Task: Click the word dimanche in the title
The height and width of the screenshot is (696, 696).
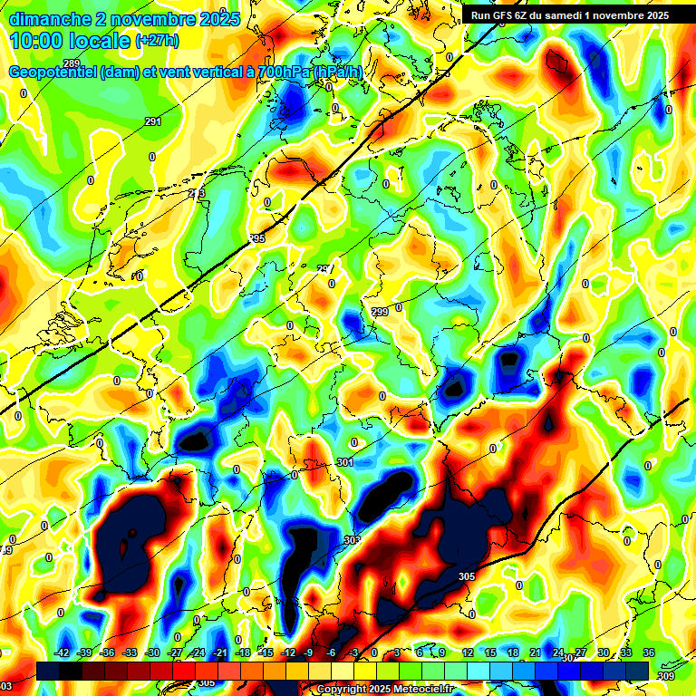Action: point(47,19)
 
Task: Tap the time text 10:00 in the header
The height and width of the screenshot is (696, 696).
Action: point(37,41)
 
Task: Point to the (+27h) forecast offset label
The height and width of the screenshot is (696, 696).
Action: point(158,40)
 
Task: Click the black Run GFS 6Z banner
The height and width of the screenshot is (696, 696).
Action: point(569,14)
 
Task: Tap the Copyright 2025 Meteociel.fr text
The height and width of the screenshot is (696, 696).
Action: point(384,690)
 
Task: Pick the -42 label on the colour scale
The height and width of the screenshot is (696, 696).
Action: point(63,653)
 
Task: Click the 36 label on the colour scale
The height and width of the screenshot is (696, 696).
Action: point(649,653)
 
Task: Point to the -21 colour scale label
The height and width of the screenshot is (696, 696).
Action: point(219,653)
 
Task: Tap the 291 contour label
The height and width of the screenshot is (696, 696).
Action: point(153,121)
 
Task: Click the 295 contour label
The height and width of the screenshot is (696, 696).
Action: point(256,238)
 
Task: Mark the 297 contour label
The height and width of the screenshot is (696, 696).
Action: point(325,269)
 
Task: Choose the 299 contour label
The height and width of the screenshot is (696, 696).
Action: point(380,312)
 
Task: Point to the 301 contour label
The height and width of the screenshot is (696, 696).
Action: point(344,463)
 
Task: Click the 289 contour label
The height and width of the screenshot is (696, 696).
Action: point(71,305)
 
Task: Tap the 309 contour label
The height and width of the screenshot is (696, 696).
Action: point(665,675)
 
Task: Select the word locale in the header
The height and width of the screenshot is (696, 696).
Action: point(103,41)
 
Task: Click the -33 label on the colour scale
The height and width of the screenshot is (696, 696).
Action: point(130,653)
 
